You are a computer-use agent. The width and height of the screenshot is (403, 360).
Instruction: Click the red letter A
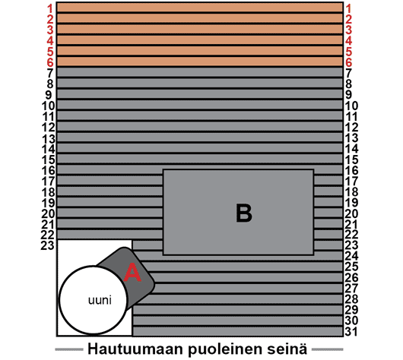pyautogui.click(x=132, y=272)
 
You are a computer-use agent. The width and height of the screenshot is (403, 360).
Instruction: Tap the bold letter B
pyautogui.click(x=244, y=213)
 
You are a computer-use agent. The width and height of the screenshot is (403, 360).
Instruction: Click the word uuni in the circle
pyautogui.click(x=100, y=300)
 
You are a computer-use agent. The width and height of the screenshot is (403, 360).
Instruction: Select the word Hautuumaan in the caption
pyautogui.click(x=135, y=349)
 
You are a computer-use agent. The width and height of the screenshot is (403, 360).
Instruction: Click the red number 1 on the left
pyautogui.click(x=50, y=8)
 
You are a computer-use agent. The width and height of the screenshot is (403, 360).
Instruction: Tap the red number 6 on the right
pyautogui.click(x=348, y=62)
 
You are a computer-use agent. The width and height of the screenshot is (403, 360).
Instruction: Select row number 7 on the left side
pyautogui.click(x=50, y=73)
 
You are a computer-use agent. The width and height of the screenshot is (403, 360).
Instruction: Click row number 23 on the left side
pyautogui.click(x=48, y=245)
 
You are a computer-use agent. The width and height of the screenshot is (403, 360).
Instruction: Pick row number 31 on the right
pyautogui.click(x=351, y=331)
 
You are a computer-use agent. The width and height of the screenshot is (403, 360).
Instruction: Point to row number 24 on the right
pyautogui.click(x=351, y=256)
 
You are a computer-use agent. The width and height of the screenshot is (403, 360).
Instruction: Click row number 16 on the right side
pyautogui.click(x=351, y=170)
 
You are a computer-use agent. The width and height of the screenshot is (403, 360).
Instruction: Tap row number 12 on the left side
pyautogui.click(x=49, y=127)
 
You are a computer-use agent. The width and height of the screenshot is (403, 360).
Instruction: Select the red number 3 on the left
pyautogui.click(x=50, y=30)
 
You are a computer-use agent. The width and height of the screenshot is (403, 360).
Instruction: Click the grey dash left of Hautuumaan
pyautogui.click(x=69, y=349)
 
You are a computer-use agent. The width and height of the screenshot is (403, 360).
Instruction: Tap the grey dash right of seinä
pyautogui.click(x=328, y=349)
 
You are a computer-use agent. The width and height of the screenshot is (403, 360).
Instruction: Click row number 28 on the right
pyautogui.click(x=351, y=299)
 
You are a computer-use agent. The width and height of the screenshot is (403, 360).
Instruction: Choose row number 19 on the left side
pyautogui.click(x=49, y=203)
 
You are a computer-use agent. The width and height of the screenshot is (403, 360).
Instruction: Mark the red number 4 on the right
pyautogui.click(x=348, y=41)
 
